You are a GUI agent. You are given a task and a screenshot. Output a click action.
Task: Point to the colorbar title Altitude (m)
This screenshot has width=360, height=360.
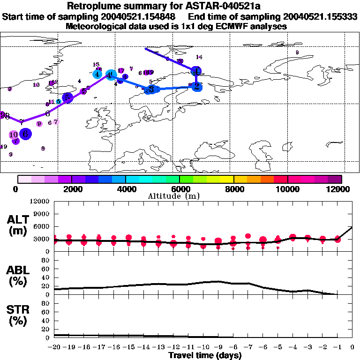click(x=180, y=195)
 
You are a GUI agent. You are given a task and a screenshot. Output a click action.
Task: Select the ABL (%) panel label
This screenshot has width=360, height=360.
click(x=19, y=277)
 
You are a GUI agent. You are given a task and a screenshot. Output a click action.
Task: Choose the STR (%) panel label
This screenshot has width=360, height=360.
click(x=19, y=315)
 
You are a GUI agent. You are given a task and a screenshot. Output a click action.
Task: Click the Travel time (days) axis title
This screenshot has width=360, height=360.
click(x=205, y=356)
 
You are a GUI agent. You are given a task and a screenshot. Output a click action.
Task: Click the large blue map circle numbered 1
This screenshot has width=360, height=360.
click(x=197, y=71)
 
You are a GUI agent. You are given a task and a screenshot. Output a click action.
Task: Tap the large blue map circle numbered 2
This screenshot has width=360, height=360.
click(x=197, y=86)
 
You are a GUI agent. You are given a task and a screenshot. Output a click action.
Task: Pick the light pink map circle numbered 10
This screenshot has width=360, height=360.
click(x=14, y=135)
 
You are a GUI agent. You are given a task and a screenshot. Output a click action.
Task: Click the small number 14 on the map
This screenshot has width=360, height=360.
click(x=199, y=57)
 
